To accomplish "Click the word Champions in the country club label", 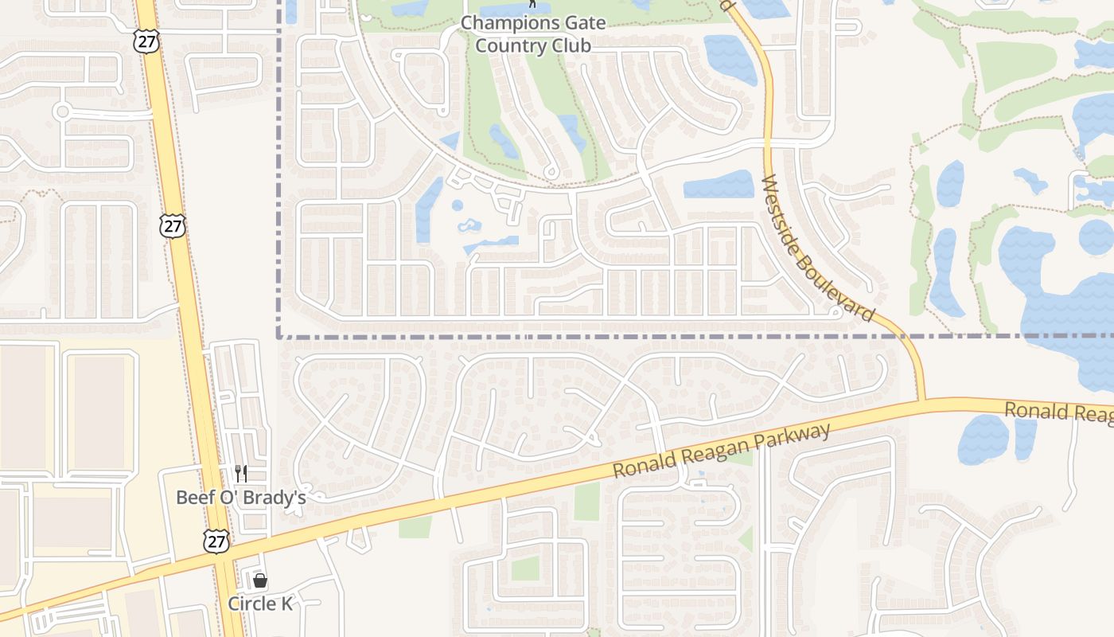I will click(x=500, y=23).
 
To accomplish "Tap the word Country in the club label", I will click(x=504, y=45).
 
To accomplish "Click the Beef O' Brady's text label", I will click(x=240, y=498).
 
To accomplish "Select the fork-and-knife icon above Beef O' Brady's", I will click(x=240, y=474).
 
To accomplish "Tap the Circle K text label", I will click(x=260, y=604).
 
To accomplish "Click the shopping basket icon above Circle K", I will click(x=260, y=580).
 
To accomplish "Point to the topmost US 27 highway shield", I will click(x=146, y=42).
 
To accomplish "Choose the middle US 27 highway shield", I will click(x=172, y=225).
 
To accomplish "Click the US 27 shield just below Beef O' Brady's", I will click(x=216, y=541).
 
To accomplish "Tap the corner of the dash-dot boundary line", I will click(x=278, y=337).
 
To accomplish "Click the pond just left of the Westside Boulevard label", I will click(x=719, y=185).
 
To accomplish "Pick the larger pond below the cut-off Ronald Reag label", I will click(x=983, y=440).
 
